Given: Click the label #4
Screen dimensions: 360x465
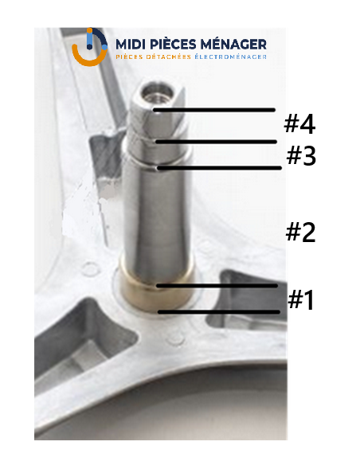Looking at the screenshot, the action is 299,124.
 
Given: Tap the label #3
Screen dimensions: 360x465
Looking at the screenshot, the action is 301,156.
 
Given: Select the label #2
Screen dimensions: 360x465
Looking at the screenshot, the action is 300,232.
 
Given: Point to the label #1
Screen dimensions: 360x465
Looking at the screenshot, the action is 300,300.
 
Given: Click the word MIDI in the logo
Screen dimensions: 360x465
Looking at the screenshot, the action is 131,44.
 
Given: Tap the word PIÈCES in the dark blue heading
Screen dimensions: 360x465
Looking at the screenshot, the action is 173,44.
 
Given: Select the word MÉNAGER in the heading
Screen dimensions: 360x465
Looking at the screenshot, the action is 233,44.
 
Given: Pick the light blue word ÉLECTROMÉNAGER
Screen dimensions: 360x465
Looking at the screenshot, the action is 230,57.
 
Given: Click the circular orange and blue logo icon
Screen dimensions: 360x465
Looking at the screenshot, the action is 89,47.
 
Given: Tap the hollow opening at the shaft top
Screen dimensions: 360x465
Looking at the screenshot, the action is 157,92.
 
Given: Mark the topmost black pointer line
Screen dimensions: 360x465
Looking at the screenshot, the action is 214,110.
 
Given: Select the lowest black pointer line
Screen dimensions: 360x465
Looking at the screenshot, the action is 219,312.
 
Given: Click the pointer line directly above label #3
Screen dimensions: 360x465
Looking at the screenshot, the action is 216,142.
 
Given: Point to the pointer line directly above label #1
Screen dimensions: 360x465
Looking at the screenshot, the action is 217,286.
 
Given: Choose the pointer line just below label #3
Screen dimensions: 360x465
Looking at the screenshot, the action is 219,168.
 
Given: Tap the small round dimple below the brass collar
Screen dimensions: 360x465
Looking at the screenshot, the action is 175,338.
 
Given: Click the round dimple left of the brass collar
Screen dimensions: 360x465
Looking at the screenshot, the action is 90,269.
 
